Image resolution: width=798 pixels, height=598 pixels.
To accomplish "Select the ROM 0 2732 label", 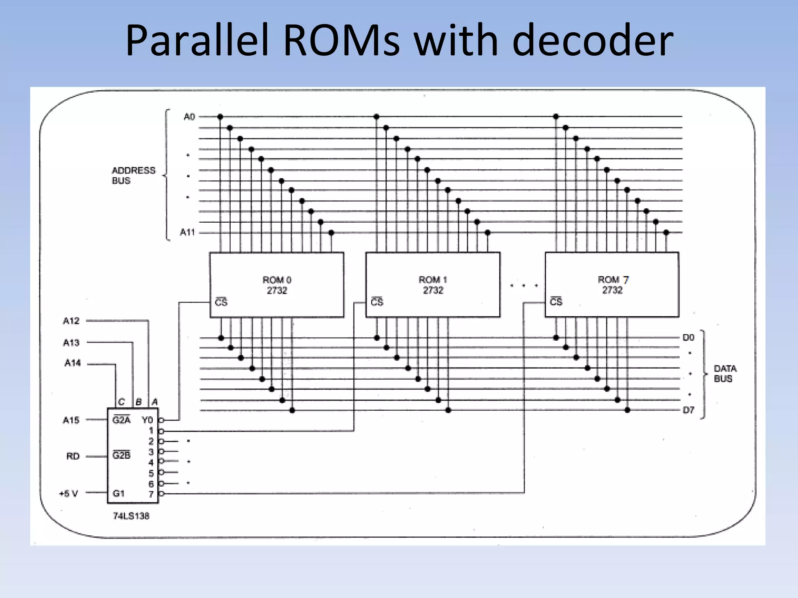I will coord(277,285).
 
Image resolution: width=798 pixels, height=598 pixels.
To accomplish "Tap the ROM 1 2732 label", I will coord(433,285).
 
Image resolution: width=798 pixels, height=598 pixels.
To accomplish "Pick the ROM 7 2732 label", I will coord(613,285).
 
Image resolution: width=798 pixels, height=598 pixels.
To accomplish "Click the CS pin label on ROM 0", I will coord(221,302).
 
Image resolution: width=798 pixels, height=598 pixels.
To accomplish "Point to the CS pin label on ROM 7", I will coord(556,302).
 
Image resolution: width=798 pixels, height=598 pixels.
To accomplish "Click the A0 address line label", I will coord(189,117).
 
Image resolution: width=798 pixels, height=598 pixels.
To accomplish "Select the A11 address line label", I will coord(187,232).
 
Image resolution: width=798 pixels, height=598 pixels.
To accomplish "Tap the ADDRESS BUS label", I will coord(133,176).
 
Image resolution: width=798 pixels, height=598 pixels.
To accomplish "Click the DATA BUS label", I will coord(725,374).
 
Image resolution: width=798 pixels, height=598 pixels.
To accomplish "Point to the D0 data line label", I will coord(688,338).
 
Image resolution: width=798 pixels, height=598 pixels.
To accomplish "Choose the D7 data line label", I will coord(688,410).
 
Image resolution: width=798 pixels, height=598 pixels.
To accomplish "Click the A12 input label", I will coord(71,321).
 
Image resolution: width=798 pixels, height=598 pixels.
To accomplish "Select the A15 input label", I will coord(71,420).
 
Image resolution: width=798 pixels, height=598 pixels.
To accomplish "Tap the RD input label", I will coord(73,456).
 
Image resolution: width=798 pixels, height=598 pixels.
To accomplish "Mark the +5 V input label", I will coord(69,494).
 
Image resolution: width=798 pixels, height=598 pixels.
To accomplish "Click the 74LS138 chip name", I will coord(131,516).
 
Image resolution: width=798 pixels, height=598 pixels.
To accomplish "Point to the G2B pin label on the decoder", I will coord(121,455).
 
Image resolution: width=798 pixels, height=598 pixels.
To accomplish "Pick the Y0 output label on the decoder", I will coord(147,420).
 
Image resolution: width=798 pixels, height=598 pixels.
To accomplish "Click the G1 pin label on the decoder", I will coord(118,493).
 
